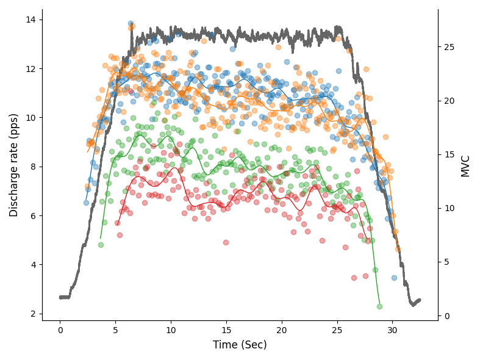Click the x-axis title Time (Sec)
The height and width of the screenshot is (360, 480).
click(x=240, y=345)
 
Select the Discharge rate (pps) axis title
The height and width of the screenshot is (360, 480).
click(x=14, y=165)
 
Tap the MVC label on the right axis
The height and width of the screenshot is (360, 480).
click(x=466, y=165)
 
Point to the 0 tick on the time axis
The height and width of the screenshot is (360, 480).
click(x=60, y=330)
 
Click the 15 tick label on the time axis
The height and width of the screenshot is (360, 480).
click(x=226, y=330)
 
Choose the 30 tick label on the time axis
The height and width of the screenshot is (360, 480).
click(x=392, y=330)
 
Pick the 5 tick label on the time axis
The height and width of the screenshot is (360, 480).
click(x=115, y=330)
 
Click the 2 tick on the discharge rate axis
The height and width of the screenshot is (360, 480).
click(x=33, y=314)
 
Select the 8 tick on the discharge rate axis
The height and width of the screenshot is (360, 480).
click(x=33, y=167)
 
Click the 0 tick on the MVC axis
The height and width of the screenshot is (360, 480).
click(x=446, y=316)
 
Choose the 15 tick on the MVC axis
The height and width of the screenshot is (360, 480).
click(x=449, y=154)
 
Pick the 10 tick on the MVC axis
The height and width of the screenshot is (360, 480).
click(x=449, y=208)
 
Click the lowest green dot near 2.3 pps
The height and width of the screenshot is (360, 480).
click(x=379, y=306)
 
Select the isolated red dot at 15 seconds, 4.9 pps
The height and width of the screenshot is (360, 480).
click(x=226, y=242)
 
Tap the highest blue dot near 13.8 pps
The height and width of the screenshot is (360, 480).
click(x=131, y=24)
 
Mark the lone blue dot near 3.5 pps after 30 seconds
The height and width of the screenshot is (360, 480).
click(x=394, y=278)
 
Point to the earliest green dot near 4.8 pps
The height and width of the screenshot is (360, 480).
click(x=101, y=245)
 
